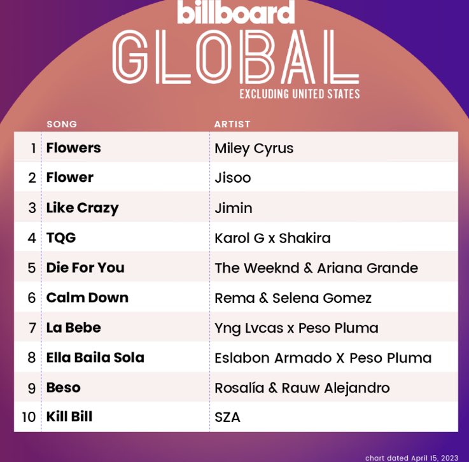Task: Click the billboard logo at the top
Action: (x=235, y=12)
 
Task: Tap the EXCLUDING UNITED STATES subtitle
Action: (x=299, y=94)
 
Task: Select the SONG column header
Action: (x=62, y=124)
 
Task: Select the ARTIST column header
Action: (x=232, y=124)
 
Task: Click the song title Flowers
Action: (x=74, y=148)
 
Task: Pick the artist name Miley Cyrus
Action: (x=254, y=148)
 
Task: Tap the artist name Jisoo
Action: (x=233, y=178)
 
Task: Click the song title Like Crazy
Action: (x=82, y=208)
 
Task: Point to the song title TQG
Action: (x=61, y=238)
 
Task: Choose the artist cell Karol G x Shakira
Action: (x=272, y=238)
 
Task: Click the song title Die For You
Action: (x=85, y=268)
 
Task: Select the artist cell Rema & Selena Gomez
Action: (x=293, y=298)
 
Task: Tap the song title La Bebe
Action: (x=74, y=328)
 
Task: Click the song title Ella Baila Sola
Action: (x=95, y=358)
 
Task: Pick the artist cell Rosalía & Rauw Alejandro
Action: (x=302, y=388)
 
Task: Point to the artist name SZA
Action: (x=228, y=417)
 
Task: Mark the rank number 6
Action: (x=32, y=298)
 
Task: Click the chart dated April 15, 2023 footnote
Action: (x=411, y=458)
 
